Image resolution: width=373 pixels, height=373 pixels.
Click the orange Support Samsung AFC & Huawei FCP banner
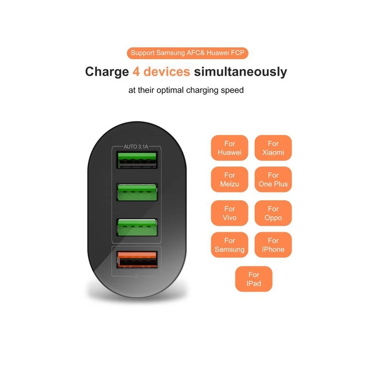tap(186, 53)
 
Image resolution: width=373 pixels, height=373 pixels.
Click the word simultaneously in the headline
tap(241, 72)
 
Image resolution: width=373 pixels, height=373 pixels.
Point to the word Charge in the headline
tap(106, 72)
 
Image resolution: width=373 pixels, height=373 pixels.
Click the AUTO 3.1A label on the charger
tap(136, 146)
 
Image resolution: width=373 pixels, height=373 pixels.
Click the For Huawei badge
tap(229, 148)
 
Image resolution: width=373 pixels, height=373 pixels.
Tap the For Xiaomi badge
tap(273, 148)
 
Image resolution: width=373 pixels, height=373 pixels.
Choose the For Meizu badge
tap(229, 180)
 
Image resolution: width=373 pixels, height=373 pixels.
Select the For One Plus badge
tap(273, 180)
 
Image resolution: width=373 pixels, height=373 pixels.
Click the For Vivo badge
tap(229, 213)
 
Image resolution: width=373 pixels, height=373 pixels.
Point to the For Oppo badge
tap(273, 213)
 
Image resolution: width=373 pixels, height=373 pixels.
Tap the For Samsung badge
tap(229, 245)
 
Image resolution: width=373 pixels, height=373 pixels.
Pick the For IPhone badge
tap(273, 245)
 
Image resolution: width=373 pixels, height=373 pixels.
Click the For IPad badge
tap(254, 279)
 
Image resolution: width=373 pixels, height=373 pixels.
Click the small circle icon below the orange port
tap(136, 277)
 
